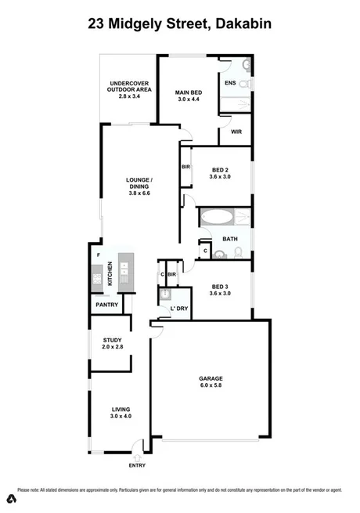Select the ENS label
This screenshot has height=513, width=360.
230,83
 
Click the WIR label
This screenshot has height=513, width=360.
235,132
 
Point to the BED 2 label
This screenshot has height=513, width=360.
220,170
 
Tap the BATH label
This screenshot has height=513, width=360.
229,239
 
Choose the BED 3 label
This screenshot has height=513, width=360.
220,285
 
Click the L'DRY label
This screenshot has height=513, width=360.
179,309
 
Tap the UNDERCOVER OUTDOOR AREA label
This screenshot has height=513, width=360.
129,86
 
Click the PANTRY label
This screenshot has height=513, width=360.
106,304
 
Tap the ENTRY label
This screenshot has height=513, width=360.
137,467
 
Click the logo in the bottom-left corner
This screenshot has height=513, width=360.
11,498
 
